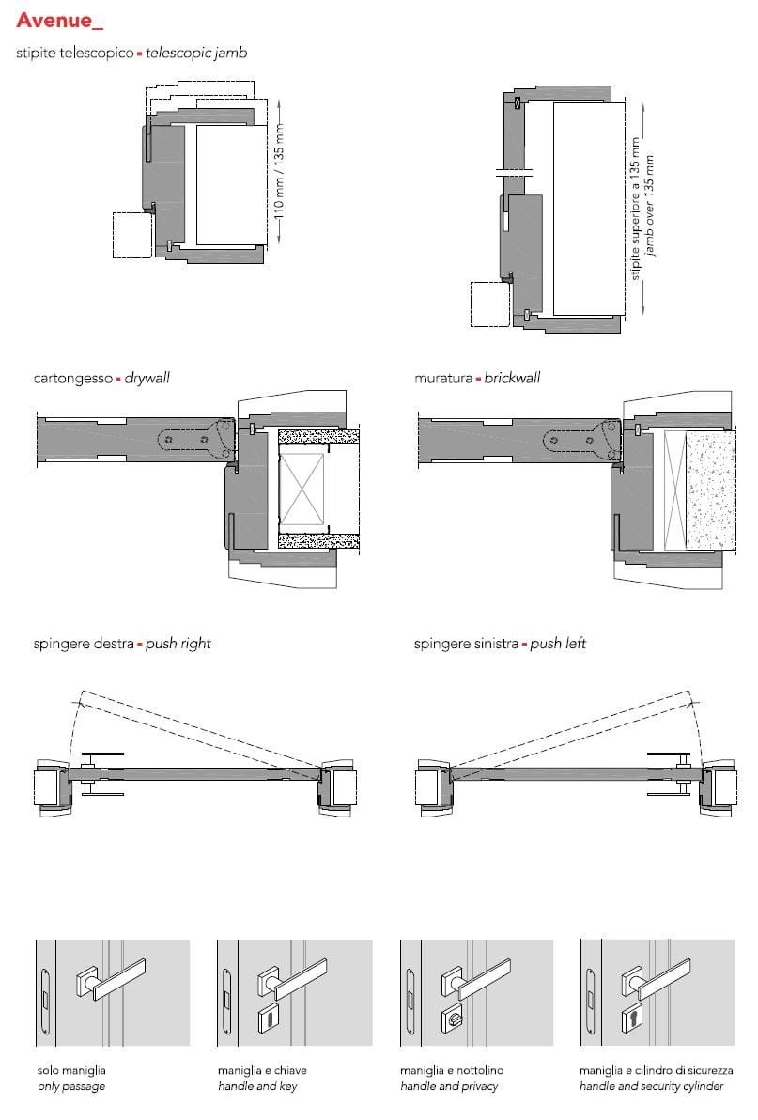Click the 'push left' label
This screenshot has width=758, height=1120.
[x=558, y=644]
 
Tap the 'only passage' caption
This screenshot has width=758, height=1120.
[x=71, y=1086]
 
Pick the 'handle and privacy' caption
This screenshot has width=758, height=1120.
[x=449, y=1086]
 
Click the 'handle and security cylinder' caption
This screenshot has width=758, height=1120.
[x=652, y=1086]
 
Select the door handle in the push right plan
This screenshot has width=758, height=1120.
[x=102, y=773]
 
